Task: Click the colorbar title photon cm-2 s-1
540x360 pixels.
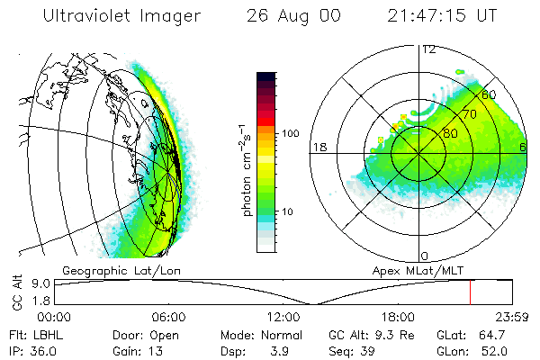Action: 245,171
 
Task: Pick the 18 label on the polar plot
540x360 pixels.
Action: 318,147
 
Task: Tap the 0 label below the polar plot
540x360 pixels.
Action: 425,256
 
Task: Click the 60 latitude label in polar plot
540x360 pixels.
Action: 490,94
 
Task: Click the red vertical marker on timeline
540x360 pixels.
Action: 470,292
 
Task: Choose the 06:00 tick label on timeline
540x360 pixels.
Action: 168,317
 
